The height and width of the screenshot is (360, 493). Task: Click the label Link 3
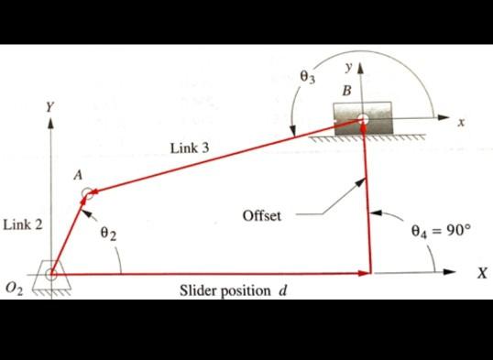tap(190, 147)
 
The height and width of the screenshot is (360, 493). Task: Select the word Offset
tap(262, 216)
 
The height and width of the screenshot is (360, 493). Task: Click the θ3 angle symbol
tap(308, 79)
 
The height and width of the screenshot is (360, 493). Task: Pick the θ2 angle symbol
tap(109, 234)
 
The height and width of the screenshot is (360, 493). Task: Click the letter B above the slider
tap(345, 92)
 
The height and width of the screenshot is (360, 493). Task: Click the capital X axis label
tap(480, 273)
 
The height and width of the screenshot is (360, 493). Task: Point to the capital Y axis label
tap(51, 108)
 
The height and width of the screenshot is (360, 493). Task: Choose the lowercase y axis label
tap(348, 68)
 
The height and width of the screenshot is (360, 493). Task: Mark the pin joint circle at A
tap(87, 193)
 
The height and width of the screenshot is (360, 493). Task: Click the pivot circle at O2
tap(51, 272)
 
